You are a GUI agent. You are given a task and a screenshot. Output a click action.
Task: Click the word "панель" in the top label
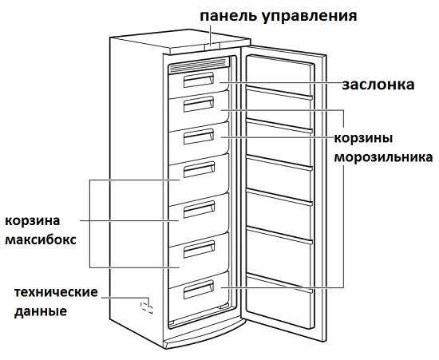[x=228, y=16]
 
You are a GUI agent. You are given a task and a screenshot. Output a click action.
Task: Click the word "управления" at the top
[x=310, y=17]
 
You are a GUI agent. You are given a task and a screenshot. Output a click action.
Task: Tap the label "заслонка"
[x=378, y=85]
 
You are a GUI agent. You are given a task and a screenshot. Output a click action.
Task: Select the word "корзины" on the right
[x=363, y=139]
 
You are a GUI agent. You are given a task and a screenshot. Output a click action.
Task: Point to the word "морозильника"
[x=384, y=157]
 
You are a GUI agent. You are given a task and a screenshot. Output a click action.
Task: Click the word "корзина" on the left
[x=33, y=221]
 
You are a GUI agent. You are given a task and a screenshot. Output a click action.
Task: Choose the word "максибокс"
[x=41, y=240]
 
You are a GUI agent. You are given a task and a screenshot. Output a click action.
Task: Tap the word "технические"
[x=56, y=292]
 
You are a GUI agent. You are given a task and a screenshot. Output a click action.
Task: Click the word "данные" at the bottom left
[x=41, y=312]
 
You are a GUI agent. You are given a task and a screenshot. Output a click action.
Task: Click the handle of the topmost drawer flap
[x=199, y=80]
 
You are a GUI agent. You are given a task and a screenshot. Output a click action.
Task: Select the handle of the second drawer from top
[x=199, y=104]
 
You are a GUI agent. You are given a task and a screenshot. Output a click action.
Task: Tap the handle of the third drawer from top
[x=199, y=136]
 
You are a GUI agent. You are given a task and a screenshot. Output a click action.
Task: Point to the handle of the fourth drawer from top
[x=199, y=170]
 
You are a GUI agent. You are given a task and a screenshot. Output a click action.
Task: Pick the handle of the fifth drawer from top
[x=199, y=209]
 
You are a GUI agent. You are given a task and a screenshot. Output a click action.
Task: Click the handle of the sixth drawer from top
[x=199, y=249]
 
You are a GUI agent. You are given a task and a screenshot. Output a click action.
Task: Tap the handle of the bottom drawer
[x=199, y=290]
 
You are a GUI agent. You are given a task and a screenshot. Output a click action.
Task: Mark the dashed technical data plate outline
[x=146, y=307]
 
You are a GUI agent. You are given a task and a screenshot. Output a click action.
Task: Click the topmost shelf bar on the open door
[x=279, y=93]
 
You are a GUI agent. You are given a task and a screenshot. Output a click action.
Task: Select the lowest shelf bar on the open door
[x=279, y=283]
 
